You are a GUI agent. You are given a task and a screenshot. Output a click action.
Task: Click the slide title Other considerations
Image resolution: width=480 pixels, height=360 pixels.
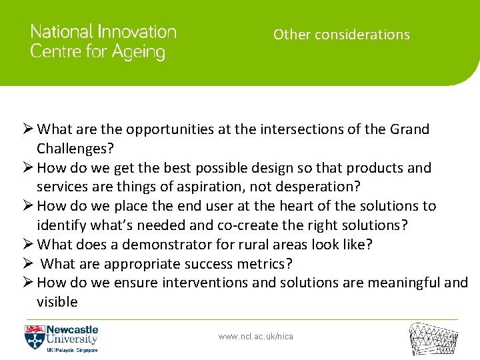(x=341, y=35)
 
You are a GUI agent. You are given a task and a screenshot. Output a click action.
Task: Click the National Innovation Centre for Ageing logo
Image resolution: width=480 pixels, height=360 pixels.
(x=103, y=42)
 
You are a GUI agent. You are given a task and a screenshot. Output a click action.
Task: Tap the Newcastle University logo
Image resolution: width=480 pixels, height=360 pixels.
(x=61, y=338)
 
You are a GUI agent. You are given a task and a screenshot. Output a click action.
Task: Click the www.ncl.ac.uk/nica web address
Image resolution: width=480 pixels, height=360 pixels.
(x=255, y=337)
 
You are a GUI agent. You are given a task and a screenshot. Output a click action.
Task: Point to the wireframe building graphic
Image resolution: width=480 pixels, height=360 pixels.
(x=433, y=339)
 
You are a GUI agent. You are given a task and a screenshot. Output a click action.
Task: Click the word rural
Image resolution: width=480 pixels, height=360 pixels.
(x=249, y=244)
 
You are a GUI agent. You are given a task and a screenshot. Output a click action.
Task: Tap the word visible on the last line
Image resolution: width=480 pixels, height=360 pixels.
(x=57, y=302)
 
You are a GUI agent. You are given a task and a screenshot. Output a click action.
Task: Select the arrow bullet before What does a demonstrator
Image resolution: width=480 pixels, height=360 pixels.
(x=29, y=244)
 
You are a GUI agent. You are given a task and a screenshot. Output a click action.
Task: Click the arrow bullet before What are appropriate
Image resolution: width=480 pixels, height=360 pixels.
(x=29, y=263)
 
